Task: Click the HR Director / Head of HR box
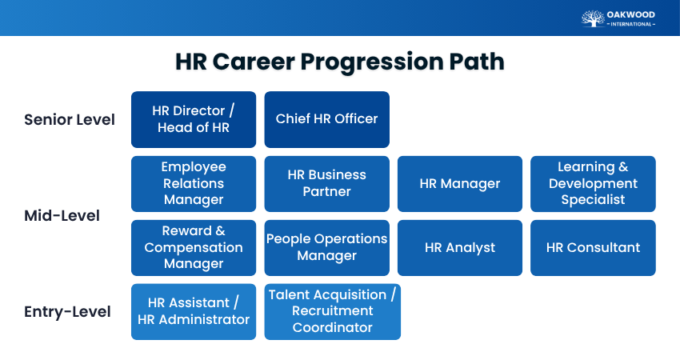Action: (x=194, y=119)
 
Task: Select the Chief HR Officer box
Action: (x=327, y=119)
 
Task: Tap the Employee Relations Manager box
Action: (x=194, y=184)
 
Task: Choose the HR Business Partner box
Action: (x=327, y=184)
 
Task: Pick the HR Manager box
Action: (x=460, y=184)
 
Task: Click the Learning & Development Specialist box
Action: (x=593, y=184)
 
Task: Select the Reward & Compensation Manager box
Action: (x=194, y=248)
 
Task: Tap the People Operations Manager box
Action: (x=327, y=248)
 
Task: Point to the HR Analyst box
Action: (x=460, y=248)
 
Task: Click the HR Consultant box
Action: (x=593, y=248)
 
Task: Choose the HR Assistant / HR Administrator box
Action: (x=194, y=311)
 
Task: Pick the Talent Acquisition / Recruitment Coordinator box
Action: (x=333, y=311)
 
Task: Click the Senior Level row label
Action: (x=70, y=120)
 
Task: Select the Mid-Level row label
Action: (x=62, y=215)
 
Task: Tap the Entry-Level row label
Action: (x=68, y=312)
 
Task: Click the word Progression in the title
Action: (x=372, y=62)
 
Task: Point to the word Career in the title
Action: (x=254, y=61)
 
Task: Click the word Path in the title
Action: (x=477, y=61)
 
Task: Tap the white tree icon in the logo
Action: (x=593, y=18)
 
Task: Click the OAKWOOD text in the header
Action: (x=631, y=14)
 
